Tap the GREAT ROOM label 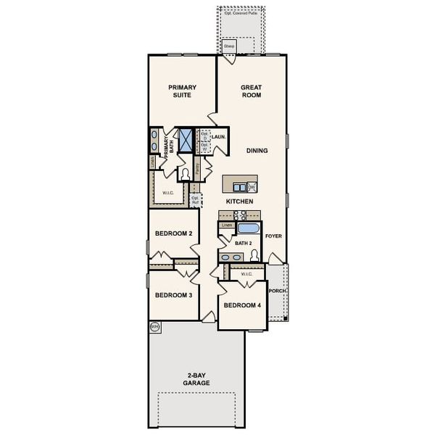point(251,91)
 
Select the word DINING point(257,151)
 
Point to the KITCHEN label point(239,200)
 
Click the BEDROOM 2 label point(173,233)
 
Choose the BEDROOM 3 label point(173,295)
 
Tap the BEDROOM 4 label point(241,305)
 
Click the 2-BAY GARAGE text point(196,378)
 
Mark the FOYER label point(273,236)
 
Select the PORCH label point(277,291)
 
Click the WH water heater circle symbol point(154,327)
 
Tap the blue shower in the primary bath point(186,139)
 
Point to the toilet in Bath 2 point(254,255)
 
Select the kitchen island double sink point(235,186)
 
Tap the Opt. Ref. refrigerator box point(194,199)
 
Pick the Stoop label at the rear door point(229,46)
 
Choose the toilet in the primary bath point(186,173)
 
